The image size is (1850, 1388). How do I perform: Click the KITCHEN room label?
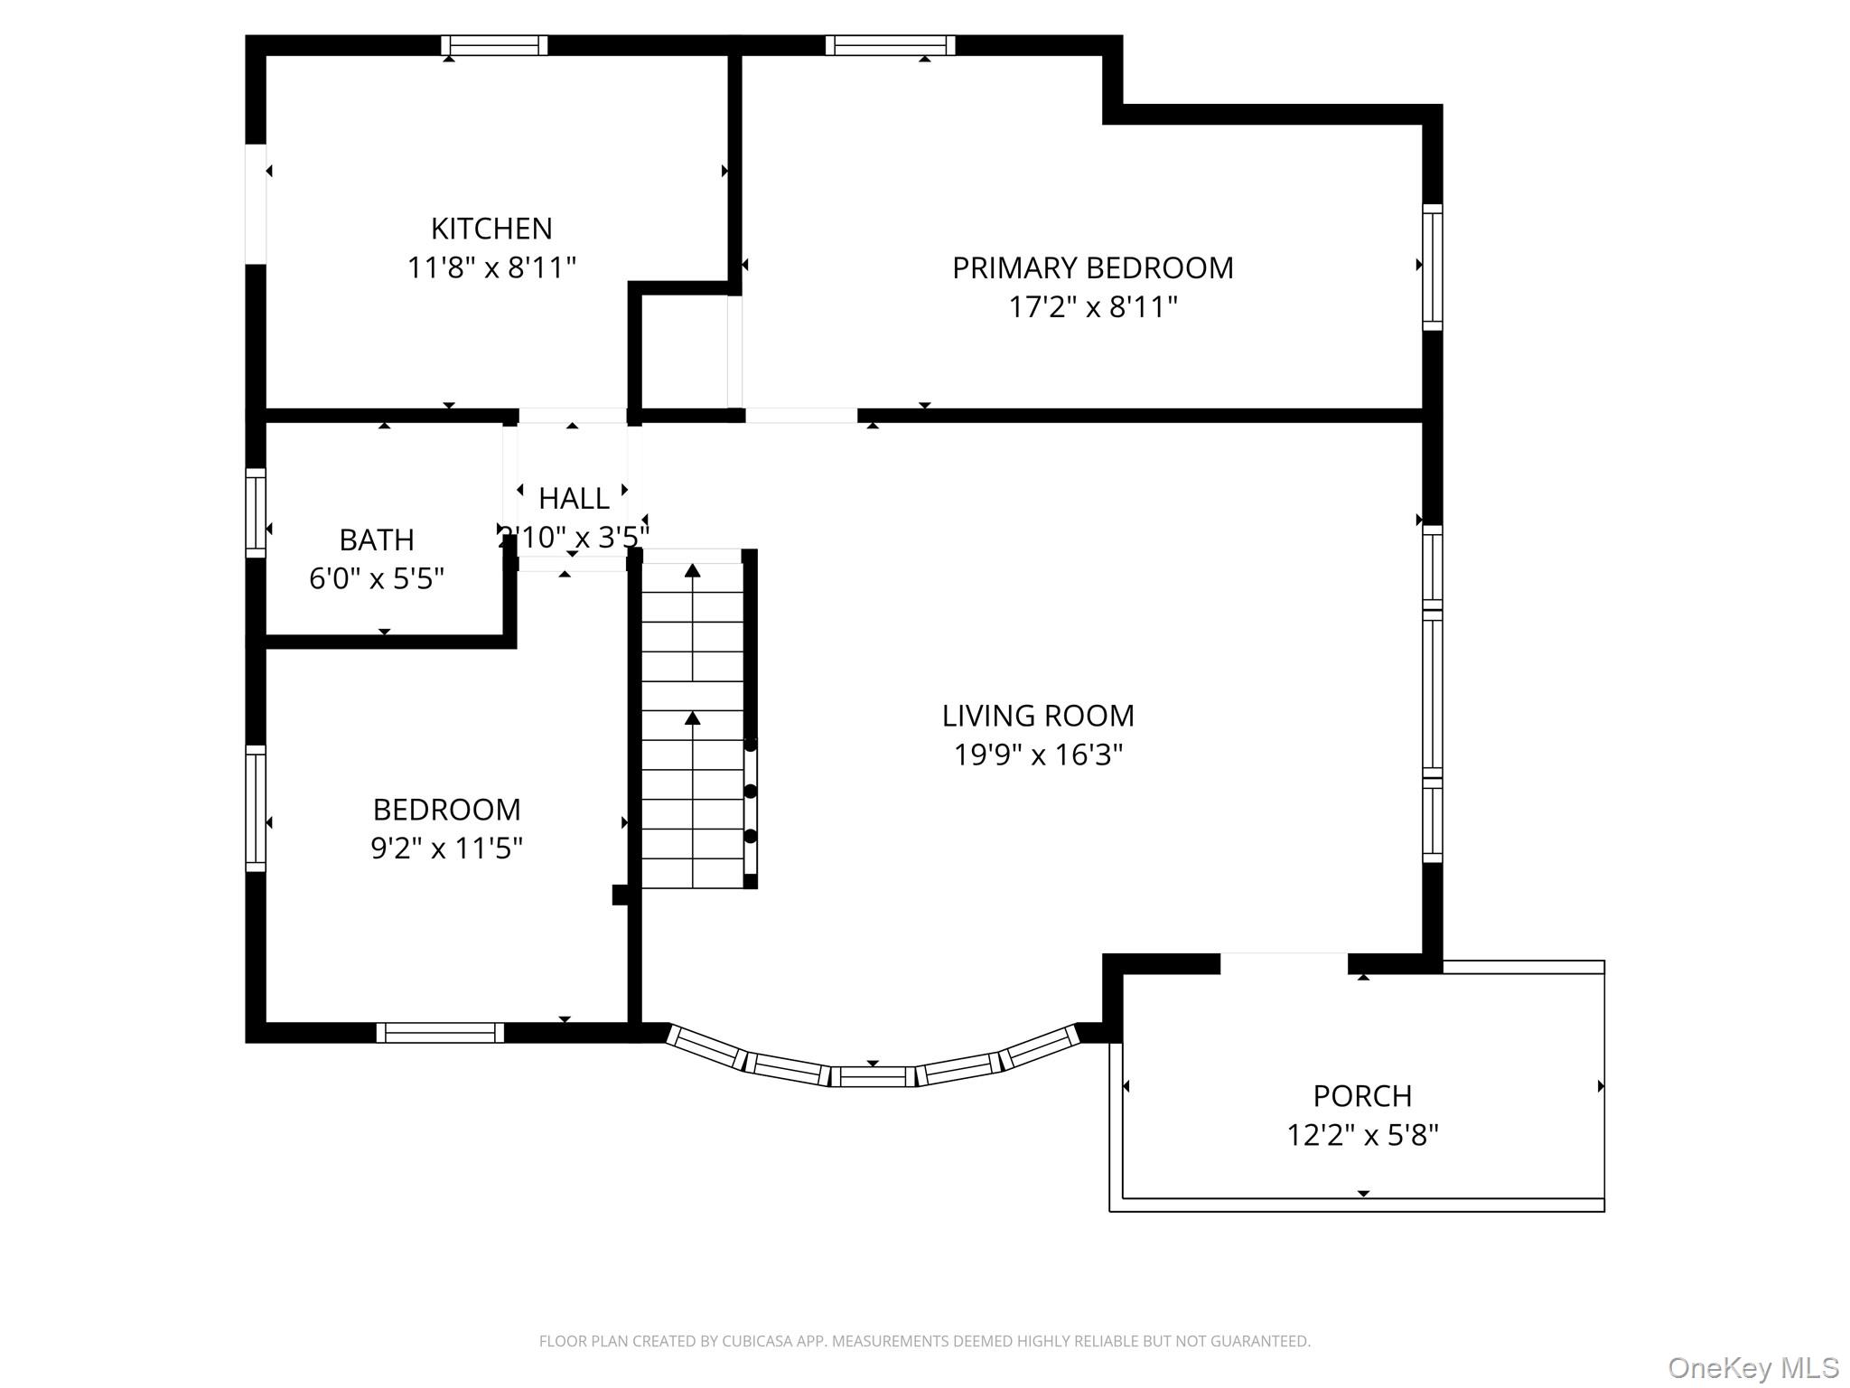(491, 229)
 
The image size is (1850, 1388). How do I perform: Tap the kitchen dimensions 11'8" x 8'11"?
(491, 268)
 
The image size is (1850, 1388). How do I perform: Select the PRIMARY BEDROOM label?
(1092, 268)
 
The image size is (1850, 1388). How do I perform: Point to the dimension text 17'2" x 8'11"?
(1092, 307)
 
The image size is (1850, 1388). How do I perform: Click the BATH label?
(377, 539)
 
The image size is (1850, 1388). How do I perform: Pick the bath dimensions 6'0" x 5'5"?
(377, 578)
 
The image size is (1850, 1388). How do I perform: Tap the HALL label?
(574, 498)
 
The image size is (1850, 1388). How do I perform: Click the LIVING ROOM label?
(1038, 716)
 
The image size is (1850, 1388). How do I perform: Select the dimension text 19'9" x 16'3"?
(1038, 755)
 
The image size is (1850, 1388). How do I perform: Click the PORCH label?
(1362, 1096)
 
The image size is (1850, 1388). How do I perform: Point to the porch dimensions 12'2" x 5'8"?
(1362, 1135)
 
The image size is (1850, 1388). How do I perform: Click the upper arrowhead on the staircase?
(693, 570)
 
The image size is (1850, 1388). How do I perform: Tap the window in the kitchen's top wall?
(494, 45)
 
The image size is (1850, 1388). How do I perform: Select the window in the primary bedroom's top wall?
(890, 45)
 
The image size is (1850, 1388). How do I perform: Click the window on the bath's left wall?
(256, 512)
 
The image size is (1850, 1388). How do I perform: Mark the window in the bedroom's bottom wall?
(440, 1032)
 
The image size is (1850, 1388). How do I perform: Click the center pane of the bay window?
(873, 1076)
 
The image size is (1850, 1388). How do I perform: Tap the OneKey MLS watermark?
(1753, 1367)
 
